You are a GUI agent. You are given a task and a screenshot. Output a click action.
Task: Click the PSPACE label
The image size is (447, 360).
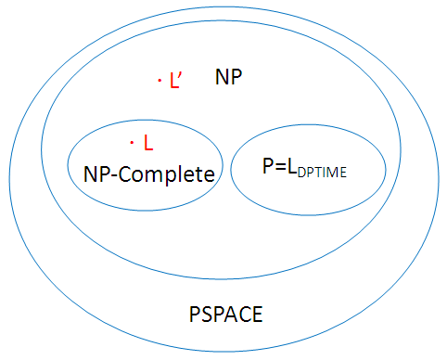click(223, 315)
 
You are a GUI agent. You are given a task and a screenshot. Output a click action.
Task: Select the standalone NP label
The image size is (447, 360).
click(229, 77)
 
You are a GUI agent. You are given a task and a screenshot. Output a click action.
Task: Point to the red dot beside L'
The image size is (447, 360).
click(160, 82)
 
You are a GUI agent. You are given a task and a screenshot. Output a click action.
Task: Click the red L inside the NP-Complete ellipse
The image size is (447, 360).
click(147, 145)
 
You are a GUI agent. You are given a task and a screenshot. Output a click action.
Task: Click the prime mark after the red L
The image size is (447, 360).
click(181, 77)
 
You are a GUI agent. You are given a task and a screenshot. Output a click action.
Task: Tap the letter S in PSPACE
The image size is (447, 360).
click(199, 315)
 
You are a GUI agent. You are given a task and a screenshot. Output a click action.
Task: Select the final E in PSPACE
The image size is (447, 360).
click(257, 315)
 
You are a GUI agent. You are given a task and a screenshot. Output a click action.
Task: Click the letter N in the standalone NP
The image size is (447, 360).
click(223, 77)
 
